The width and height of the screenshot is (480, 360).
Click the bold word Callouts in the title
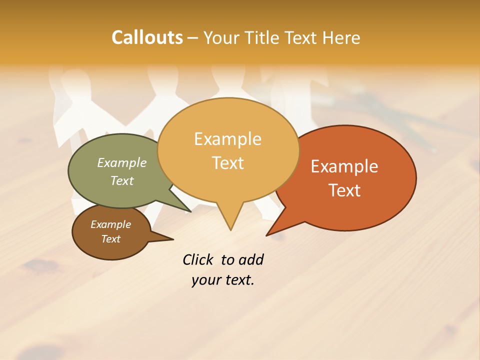147,37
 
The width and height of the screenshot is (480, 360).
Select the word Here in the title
341,37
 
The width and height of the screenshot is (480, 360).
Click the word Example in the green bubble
122,162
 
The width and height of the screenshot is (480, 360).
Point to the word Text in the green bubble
122,180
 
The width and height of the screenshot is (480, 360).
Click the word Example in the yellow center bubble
227,139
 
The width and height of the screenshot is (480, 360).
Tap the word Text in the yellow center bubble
228,163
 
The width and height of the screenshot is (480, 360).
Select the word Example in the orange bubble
344,166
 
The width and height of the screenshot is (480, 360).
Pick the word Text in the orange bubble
345,190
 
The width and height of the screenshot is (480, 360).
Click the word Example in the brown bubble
110,224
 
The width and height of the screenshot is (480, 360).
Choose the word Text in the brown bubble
110,239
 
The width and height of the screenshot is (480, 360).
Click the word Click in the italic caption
198,260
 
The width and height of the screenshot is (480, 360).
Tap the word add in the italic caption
250,260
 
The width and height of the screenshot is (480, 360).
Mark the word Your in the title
220,37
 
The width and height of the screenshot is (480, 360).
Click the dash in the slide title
193,38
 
